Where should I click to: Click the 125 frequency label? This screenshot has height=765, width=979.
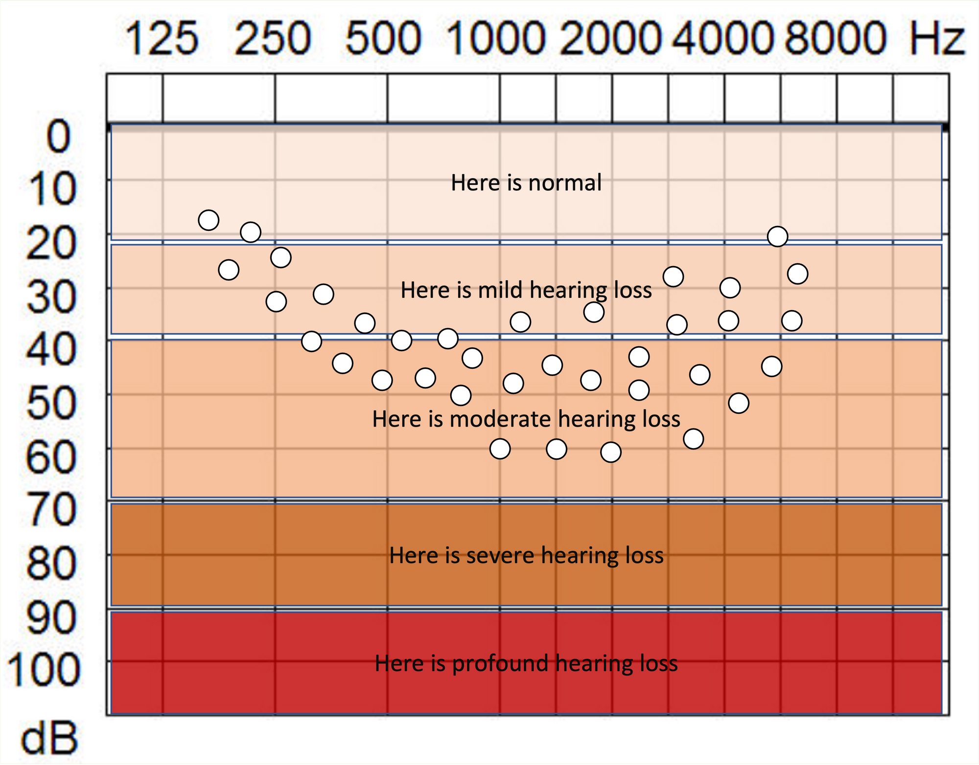click(x=162, y=38)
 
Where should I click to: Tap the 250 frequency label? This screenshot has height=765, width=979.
click(x=273, y=38)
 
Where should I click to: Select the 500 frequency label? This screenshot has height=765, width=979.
click(x=383, y=38)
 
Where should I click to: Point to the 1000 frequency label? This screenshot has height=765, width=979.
click(x=495, y=38)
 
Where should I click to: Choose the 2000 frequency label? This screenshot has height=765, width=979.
click(x=610, y=38)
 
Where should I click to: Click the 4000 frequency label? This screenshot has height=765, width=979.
click(x=723, y=38)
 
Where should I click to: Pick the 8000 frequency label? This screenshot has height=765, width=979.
click(x=836, y=38)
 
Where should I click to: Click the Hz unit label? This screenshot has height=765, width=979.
click(x=937, y=38)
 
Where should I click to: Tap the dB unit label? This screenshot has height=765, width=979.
click(x=49, y=739)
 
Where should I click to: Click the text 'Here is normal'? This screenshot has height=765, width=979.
click(x=526, y=183)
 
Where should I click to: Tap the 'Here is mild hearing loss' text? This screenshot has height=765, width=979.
click(x=526, y=290)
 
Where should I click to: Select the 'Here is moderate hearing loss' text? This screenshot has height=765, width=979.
click(x=526, y=419)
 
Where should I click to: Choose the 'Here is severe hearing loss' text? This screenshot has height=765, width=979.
click(x=526, y=556)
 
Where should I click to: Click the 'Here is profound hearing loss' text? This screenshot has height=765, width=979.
click(x=526, y=664)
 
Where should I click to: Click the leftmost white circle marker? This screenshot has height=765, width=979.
click(x=209, y=220)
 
